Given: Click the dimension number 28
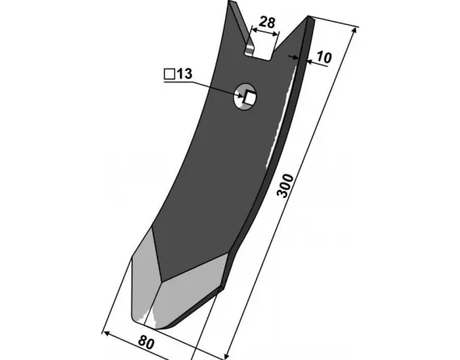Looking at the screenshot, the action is [267, 23].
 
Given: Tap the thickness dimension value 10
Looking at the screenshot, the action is [324, 57].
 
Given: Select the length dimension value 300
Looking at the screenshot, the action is [285, 186].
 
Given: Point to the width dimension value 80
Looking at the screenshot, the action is [146, 342].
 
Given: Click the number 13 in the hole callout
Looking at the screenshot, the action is [185, 73].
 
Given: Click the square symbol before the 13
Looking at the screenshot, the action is [169, 74].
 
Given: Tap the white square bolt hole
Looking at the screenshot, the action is [250, 97].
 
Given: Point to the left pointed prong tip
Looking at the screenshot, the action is [231, 2].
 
